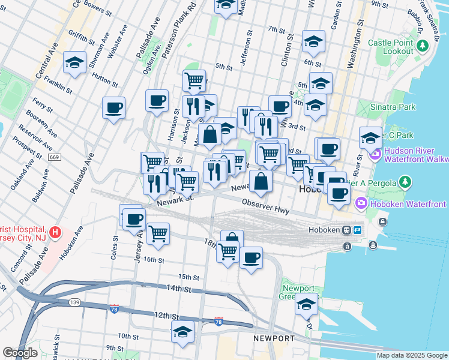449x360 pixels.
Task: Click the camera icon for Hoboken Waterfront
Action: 362,205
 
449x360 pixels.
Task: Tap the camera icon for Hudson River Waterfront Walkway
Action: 376,155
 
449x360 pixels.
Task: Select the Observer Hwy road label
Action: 266,208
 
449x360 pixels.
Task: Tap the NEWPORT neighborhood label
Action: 274,339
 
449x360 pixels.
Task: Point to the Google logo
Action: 20,353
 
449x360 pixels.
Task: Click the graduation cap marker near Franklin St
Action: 74,63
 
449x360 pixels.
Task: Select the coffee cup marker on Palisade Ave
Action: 113,108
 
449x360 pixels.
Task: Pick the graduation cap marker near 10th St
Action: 182,331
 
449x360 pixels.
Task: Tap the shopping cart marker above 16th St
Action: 158,233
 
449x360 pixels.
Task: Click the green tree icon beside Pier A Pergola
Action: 406,182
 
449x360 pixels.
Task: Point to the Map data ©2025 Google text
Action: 412,355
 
